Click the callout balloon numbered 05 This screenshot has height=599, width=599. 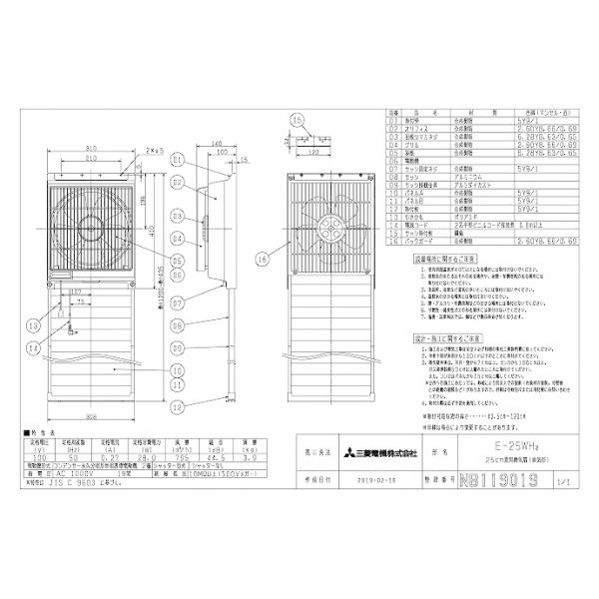pos(176,262)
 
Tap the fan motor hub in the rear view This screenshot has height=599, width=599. pos(323,227)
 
